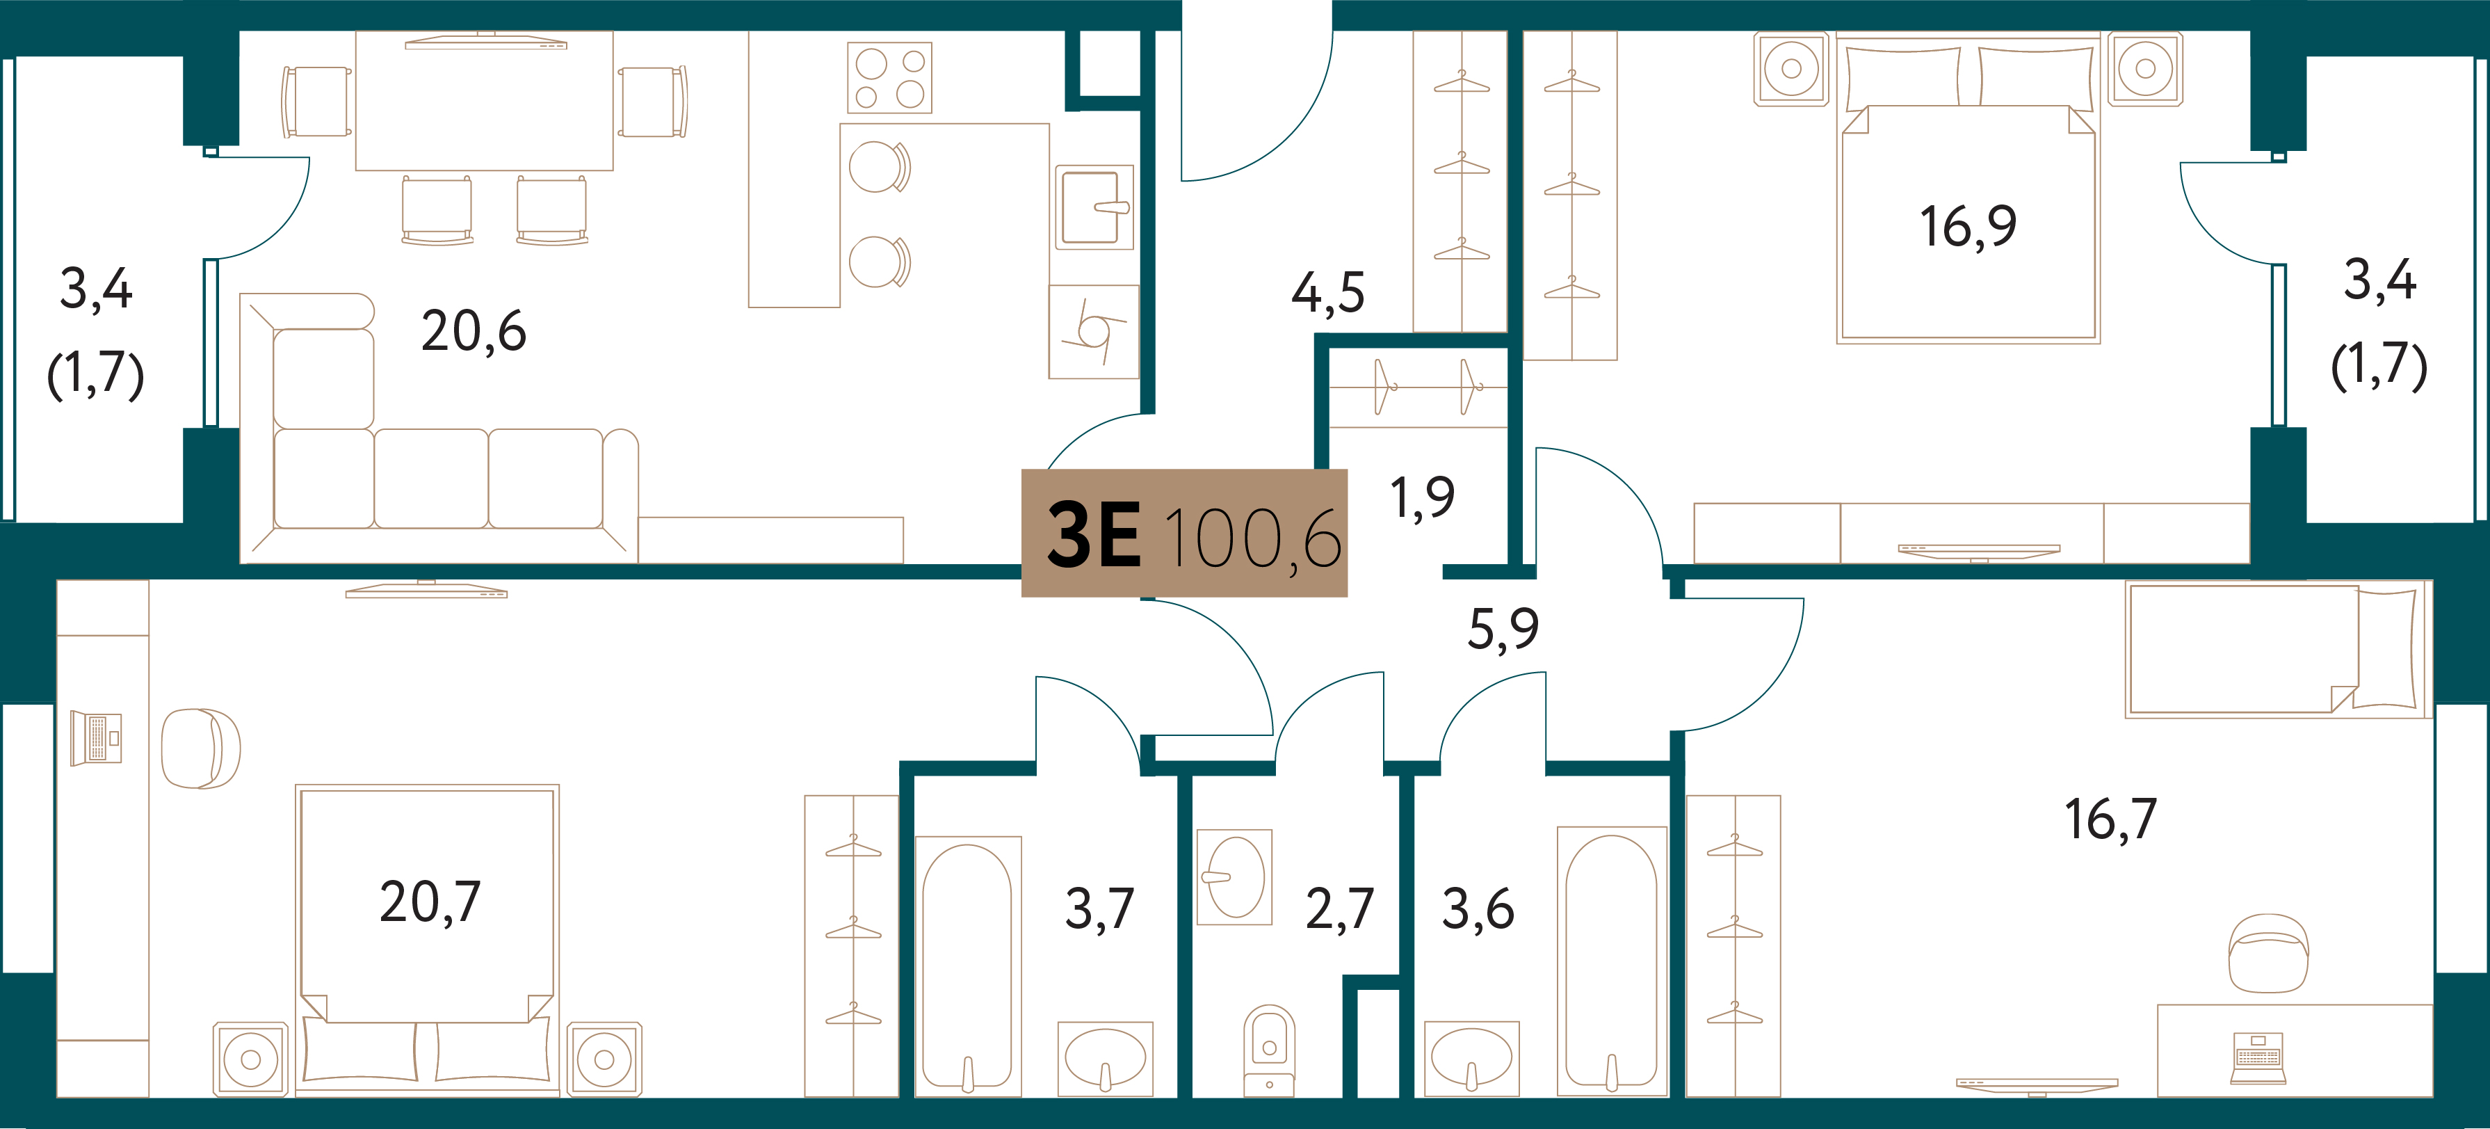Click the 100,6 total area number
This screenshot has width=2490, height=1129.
coord(1253,539)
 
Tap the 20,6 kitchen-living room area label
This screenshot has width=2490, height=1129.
coord(474,332)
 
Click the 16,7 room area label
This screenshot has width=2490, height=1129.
coord(2111,819)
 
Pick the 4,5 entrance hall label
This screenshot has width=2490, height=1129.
coord(1328,293)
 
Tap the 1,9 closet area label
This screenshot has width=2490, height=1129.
coord(1422,499)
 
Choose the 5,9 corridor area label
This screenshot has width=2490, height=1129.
coord(1503,630)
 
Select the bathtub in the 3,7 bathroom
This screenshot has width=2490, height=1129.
coord(968,967)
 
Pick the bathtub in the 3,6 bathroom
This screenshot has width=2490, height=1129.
coord(1611,962)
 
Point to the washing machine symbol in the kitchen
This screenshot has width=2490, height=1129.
coord(1093,332)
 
